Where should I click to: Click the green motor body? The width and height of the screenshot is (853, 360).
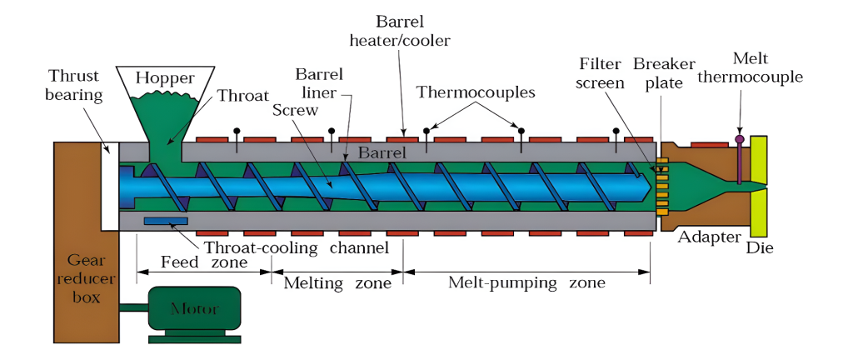pyautogui.click(x=194, y=309)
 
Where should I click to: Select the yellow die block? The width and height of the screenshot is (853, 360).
pyautogui.click(x=759, y=191)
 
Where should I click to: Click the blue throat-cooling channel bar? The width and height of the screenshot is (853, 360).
pyautogui.click(x=166, y=221)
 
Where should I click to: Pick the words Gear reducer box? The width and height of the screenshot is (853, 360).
pyautogui.click(x=86, y=278)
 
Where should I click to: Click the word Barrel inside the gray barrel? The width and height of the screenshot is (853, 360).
pyautogui.click(x=382, y=153)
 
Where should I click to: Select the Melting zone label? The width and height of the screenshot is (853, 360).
pyautogui.click(x=337, y=283)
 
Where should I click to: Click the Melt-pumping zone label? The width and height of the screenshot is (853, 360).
pyautogui.click(x=526, y=283)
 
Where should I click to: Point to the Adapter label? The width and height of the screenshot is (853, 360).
pyautogui.click(x=709, y=237)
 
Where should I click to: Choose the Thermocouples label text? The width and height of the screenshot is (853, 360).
pyautogui.click(x=476, y=92)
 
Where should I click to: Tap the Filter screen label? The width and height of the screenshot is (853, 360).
pyautogui.click(x=602, y=74)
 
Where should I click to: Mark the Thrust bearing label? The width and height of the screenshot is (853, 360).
pyautogui.click(x=76, y=84)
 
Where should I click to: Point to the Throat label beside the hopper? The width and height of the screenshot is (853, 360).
pyautogui.click(x=243, y=95)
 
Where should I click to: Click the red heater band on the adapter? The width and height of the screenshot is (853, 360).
pyautogui.click(x=708, y=144)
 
